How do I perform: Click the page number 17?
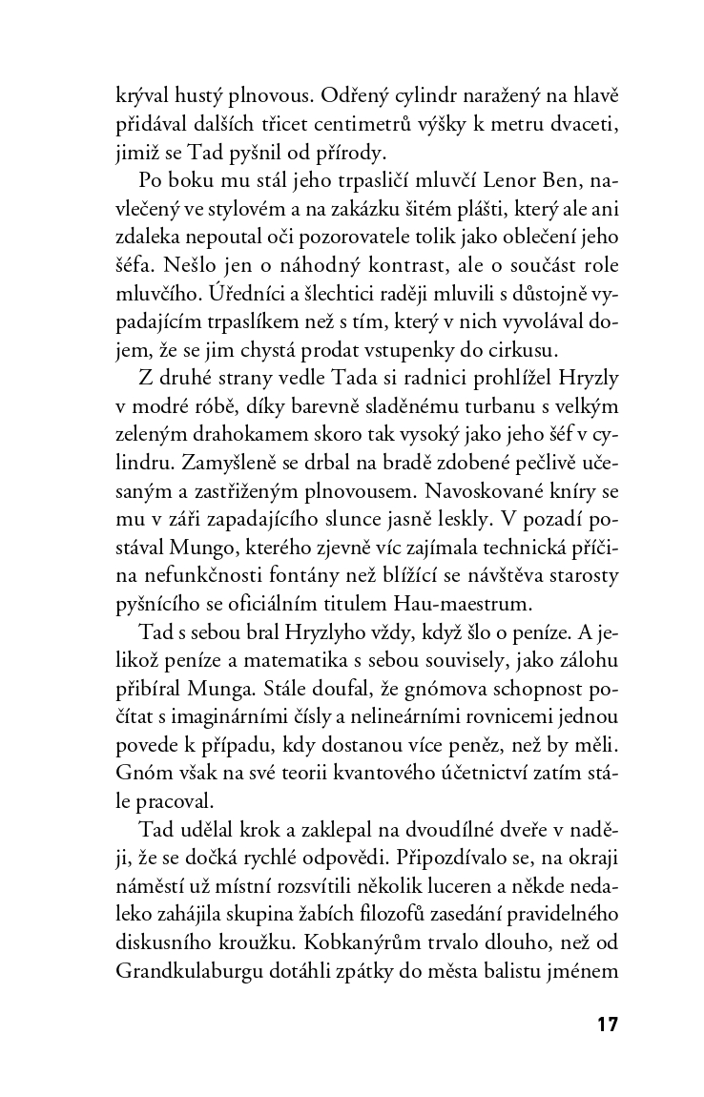[x=607, y=1026]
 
